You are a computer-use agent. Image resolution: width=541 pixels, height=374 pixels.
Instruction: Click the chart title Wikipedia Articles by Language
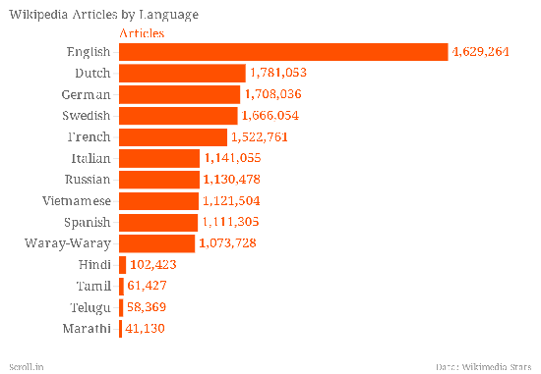[x=104, y=15]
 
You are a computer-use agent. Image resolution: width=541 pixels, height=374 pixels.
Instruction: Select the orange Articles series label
[x=142, y=33]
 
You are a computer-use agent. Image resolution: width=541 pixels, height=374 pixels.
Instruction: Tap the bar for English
[x=283, y=52]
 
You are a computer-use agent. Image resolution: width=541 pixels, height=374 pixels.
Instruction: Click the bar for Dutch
[x=182, y=74]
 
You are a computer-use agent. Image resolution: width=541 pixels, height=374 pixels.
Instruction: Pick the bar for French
[x=173, y=137]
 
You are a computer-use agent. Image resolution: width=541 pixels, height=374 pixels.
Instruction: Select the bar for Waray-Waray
[x=157, y=243]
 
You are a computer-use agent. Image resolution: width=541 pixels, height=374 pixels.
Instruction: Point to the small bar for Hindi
[x=123, y=265]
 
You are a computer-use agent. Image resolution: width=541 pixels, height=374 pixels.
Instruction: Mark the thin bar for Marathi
[x=120, y=329]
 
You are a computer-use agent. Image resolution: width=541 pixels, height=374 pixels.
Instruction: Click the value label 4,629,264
[x=481, y=52]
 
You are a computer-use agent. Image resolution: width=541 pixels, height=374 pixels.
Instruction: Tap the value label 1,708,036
[x=272, y=94]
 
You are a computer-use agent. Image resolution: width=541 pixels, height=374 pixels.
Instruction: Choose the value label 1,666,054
[x=270, y=116]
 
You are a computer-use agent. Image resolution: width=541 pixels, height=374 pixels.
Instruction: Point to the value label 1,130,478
[x=231, y=180]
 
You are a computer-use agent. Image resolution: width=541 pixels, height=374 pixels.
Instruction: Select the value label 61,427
[x=147, y=286]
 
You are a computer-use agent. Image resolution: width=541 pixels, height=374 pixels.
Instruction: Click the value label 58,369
[x=147, y=307]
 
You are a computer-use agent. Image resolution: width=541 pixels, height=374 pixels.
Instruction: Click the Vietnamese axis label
[x=77, y=201]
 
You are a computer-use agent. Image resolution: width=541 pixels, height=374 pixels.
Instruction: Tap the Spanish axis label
[x=88, y=223]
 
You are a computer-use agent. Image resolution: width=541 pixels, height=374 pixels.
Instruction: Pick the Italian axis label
[x=91, y=158]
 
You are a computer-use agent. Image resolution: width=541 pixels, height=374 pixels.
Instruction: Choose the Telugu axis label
[x=90, y=307]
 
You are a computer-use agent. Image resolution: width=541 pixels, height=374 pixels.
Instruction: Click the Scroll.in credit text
[x=27, y=367]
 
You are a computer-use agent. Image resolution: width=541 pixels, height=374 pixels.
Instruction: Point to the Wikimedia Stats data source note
[x=483, y=367]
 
